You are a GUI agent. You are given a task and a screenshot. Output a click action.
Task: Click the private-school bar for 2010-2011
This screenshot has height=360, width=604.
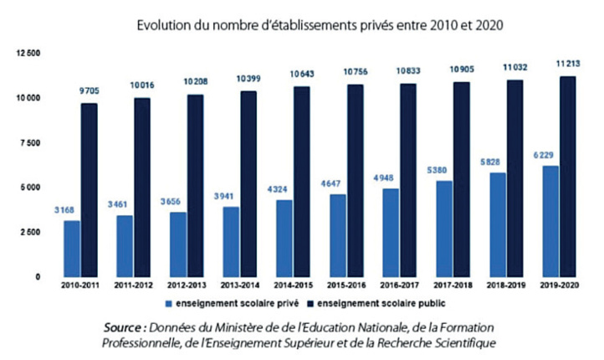[x=72, y=249]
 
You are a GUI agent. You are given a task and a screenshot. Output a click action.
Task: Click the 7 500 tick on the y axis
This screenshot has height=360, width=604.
[x=31, y=142]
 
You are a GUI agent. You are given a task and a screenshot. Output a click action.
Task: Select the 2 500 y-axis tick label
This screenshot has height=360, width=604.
[x=31, y=232]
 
